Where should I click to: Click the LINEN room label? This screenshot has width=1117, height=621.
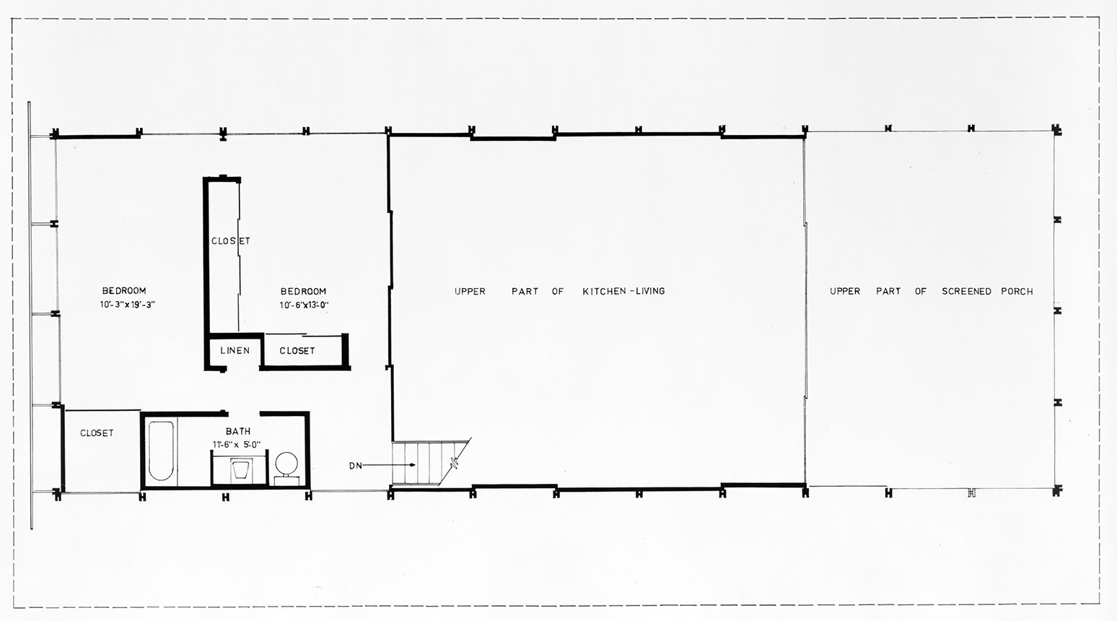coord(235,350)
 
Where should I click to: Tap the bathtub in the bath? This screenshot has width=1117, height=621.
coord(161,451)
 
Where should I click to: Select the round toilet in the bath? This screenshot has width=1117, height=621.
coord(286,463)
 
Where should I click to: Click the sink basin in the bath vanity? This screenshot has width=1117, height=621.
coord(241,470)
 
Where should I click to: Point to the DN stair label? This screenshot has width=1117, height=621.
coord(355,466)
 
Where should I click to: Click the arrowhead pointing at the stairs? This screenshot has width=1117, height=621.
coord(412,465)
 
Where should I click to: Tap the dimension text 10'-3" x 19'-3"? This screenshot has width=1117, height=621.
coord(128,305)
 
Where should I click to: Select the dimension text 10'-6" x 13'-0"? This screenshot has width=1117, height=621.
coord(305,305)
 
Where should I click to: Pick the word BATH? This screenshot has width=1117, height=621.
coord(238,431)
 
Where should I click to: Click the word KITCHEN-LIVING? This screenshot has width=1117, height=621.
coord(623,291)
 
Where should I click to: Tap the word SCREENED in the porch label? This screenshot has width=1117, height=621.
coord(966,292)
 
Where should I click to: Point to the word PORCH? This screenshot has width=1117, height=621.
coord(1017,292)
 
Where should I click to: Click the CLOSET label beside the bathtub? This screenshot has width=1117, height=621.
coord(97,433)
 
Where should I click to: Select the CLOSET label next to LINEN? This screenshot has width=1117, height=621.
coord(297,351)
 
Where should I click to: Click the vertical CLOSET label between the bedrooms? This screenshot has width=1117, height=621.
coord(231,241)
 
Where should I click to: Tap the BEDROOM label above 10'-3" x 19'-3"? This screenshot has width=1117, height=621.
coord(124,290)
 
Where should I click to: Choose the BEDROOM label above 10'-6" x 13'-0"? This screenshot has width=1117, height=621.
coord(303,292)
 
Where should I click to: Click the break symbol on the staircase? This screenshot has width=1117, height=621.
coord(454,461)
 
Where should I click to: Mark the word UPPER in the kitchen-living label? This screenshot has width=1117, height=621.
coord(470,292)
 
